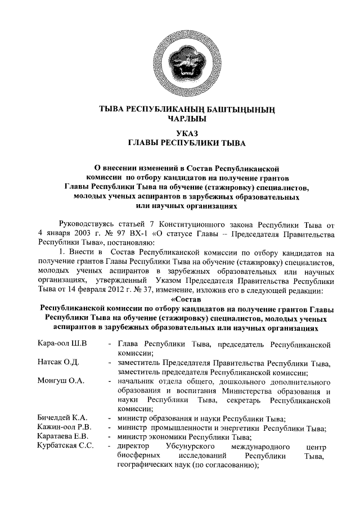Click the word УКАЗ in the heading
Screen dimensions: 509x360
(180, 133)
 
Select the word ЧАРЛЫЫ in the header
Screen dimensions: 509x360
(180, 119)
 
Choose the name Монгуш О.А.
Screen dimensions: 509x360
(60, 381)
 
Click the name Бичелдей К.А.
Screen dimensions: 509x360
(62, 418)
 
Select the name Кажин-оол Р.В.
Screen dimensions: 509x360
(64, 427)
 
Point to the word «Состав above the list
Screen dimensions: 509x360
(180, 300)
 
